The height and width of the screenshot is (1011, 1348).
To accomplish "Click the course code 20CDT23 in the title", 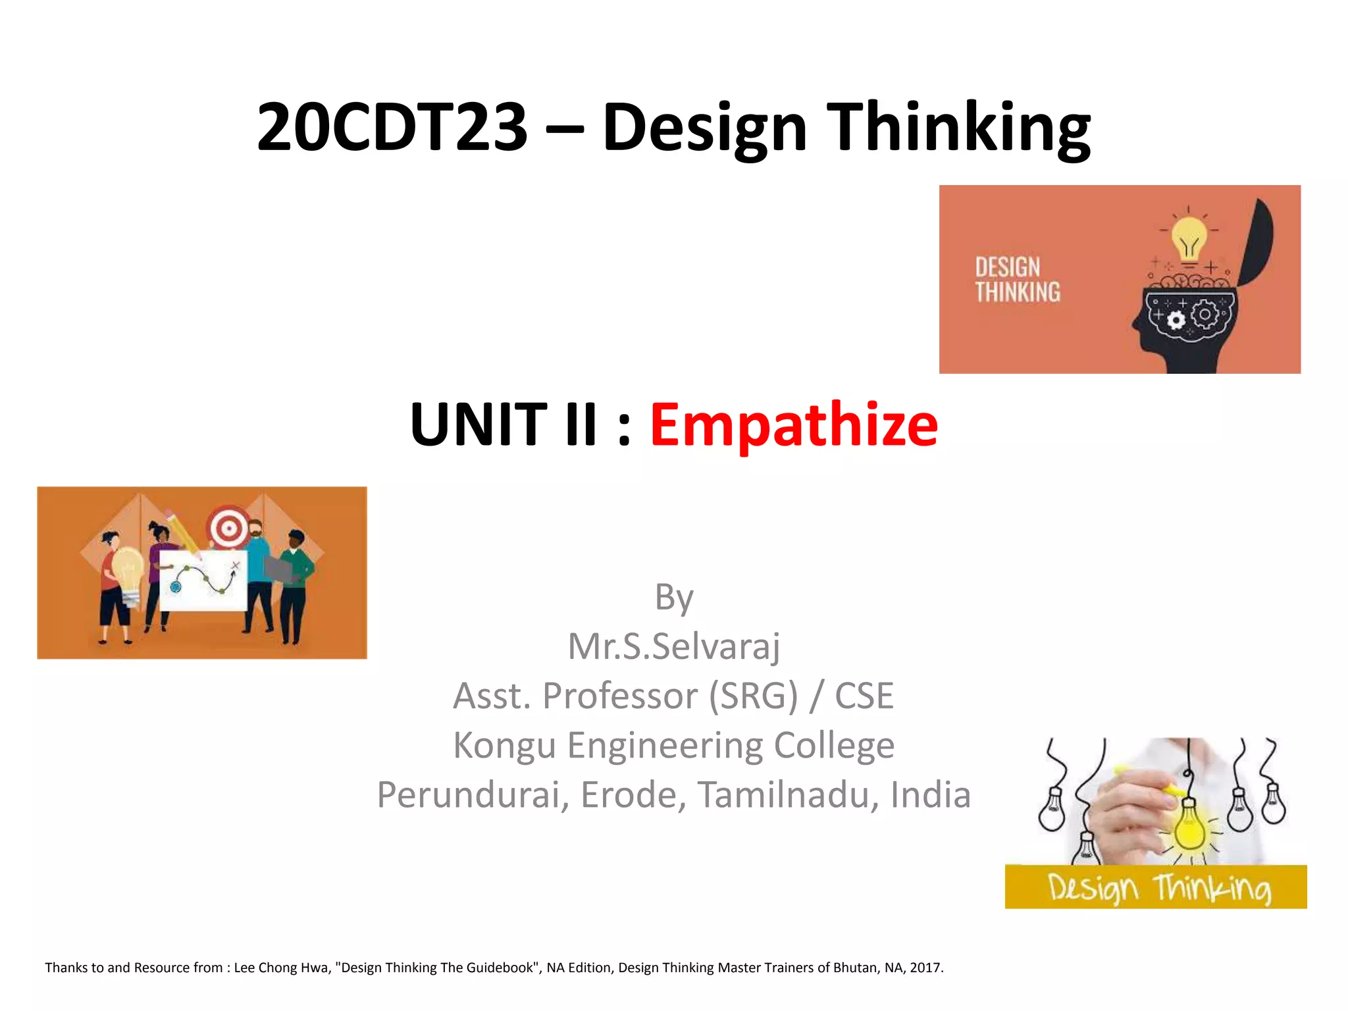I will click(392, 127).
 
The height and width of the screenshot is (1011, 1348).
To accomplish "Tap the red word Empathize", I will click(794, 425).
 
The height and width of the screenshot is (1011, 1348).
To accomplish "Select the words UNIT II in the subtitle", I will click(504, 425).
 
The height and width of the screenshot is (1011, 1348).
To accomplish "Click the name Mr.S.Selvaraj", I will click(674, 646).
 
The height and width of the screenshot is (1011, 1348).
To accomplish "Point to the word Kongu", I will click(504, 745).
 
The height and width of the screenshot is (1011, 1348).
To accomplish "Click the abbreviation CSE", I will click(864, 696).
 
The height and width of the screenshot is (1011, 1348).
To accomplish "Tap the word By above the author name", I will click(674, 598).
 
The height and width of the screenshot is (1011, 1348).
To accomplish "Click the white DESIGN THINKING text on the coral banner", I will click(1018, 280).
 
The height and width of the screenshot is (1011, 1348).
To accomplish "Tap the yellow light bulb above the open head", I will click(1189, 238).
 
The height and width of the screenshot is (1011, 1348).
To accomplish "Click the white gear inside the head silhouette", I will click(1176, 321).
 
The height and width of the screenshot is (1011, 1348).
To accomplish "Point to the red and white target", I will click(228, 527).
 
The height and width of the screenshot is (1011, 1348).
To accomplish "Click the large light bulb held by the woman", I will click(127, 569).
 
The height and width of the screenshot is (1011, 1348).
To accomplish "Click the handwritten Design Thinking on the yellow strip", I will click(1158, 888).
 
